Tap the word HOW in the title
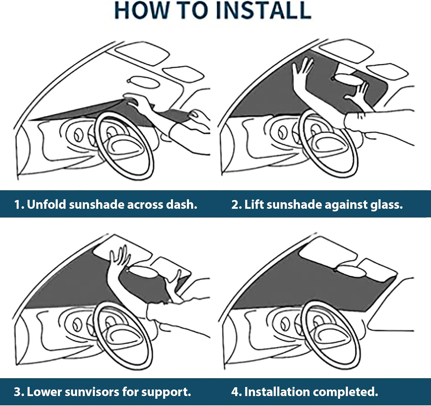pos(141,11)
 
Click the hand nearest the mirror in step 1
pos(135,99)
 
